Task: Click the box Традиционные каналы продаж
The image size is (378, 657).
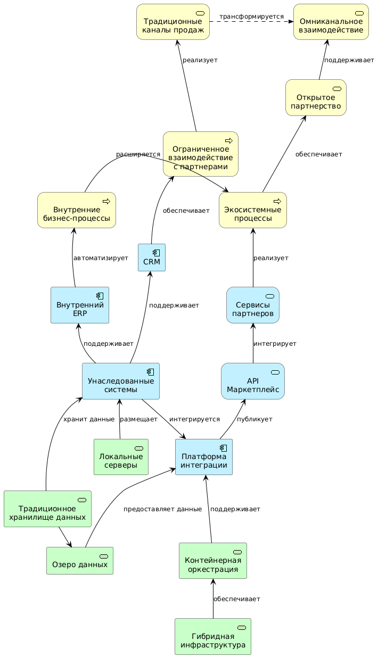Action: (172, 22)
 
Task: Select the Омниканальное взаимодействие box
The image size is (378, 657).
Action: (331, 22)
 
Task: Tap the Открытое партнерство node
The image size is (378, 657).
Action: (316, 97)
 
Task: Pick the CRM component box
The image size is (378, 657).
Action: (151, 257)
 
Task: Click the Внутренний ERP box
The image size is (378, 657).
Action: (80, 305)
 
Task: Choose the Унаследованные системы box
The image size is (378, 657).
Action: (121, 381)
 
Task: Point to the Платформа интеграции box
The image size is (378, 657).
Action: (203, 457)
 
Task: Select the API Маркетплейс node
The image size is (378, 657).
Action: (253, 381)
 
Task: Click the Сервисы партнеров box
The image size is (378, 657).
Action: (252, 305)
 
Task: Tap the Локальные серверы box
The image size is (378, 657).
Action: (121, 457)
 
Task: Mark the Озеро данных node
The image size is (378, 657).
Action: (80, 561)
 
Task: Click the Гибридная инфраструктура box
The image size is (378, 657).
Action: (213, 636)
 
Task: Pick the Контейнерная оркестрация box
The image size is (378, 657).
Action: (213, 561)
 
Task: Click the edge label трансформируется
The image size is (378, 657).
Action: (251, 16)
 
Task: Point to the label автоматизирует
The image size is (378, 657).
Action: (101, 258)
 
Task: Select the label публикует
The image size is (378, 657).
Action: (254, 419)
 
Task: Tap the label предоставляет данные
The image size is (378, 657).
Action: (162, 509)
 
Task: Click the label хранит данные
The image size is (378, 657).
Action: (88, 419)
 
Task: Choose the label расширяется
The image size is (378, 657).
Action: (138, 154)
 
